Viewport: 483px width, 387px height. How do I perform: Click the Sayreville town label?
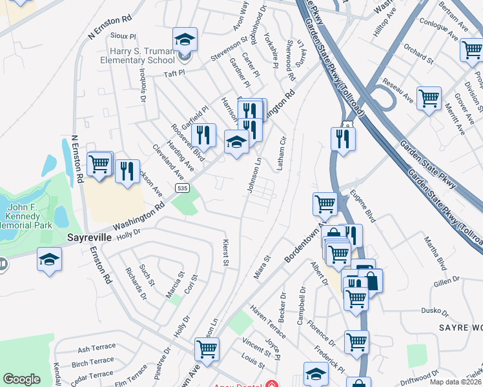[x=90, y=237]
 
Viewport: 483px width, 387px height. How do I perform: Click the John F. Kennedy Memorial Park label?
[x=26, y=217]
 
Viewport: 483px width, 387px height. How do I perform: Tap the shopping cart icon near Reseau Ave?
[x=429, y=99]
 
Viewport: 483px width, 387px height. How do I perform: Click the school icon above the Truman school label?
[x=185, y=40]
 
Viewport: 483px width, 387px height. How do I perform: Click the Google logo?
[x=21, y=379]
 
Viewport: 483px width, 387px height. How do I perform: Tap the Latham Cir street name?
[x=281, y=154]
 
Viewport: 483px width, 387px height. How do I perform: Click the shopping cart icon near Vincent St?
[x=207, y=349]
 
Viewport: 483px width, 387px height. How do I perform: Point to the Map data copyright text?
[x=456, y=382]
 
